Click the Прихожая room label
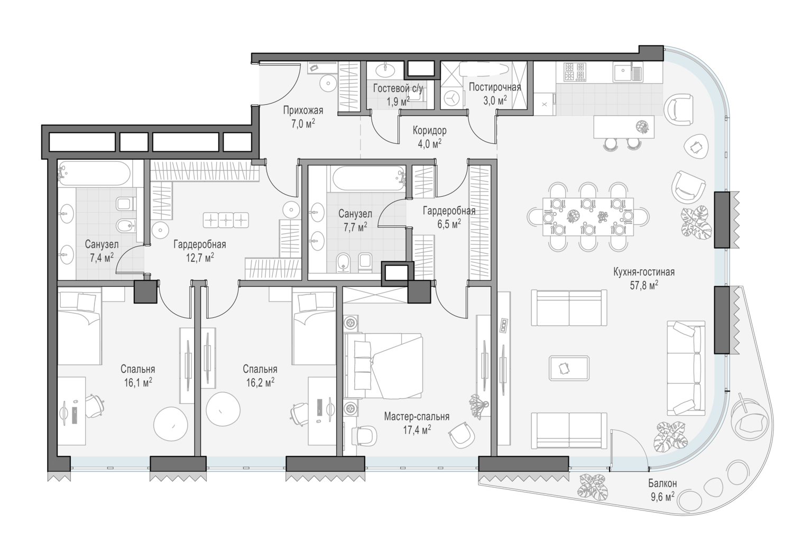tap(303, 111)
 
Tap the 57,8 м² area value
tap(644, 285)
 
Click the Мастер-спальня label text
tap(417, 417)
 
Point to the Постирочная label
tap(495, 87)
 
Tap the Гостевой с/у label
tap(398, 88)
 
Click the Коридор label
tap(429, 131)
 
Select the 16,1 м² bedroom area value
tap(138, 382)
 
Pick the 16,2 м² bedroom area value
tap(260, 382)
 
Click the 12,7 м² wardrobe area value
tap(200, 258)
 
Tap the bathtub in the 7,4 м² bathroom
tap(95, 173)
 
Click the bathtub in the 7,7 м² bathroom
tap(368, 179)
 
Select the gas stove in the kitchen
tap(575, 72)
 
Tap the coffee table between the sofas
tap(569, 368)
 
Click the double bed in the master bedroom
tap(383, 365)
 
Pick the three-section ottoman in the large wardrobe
tap(226, 220)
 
